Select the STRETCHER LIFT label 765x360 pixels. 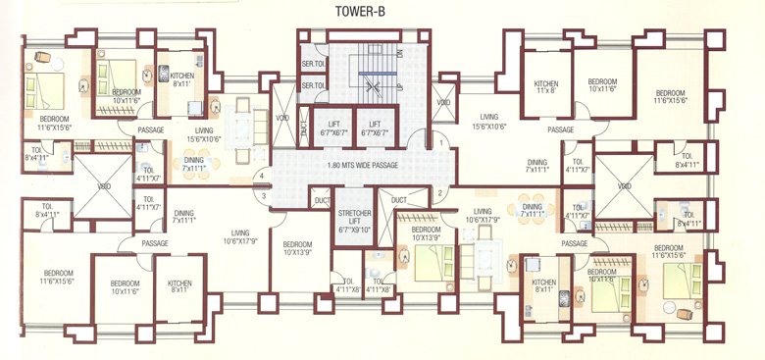point(354,221)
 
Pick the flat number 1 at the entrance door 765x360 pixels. point(442,144)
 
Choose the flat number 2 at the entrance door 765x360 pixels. point(442,193)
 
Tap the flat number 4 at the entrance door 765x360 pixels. point(262,177)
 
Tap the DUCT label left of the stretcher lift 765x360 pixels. point(320,199)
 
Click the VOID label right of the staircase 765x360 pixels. point(443,101)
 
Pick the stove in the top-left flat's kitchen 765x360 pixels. point(164,72)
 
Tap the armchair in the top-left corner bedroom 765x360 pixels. point(38,56)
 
